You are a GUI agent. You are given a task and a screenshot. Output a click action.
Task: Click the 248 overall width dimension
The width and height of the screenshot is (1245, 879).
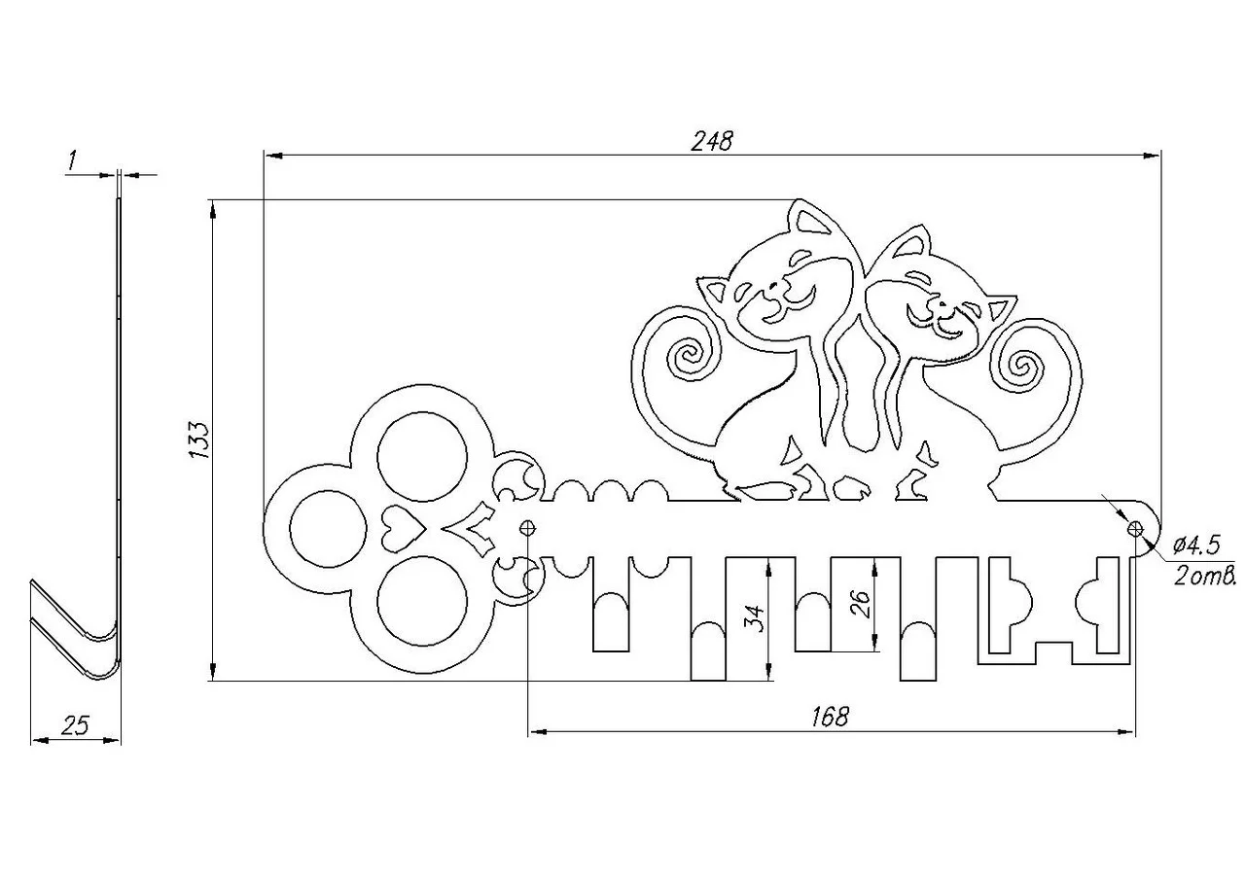pos(712,141)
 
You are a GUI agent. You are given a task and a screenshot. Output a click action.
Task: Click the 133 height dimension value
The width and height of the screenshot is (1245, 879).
pos(199,439)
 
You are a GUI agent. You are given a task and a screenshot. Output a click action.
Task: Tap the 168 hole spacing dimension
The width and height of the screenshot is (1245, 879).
pos(830,717)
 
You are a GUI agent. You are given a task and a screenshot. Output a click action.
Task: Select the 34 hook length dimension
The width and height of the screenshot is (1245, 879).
pos(754,618)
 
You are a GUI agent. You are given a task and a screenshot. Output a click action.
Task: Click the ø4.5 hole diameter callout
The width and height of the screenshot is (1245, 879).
pos(1196,546)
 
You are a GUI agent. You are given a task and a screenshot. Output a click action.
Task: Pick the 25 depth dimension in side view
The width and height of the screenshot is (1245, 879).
pos(76,725)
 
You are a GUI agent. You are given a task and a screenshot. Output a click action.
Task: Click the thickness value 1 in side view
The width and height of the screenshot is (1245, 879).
pos(72,160)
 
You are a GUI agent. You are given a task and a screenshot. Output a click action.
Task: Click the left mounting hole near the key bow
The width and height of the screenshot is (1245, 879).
pos(528,527)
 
